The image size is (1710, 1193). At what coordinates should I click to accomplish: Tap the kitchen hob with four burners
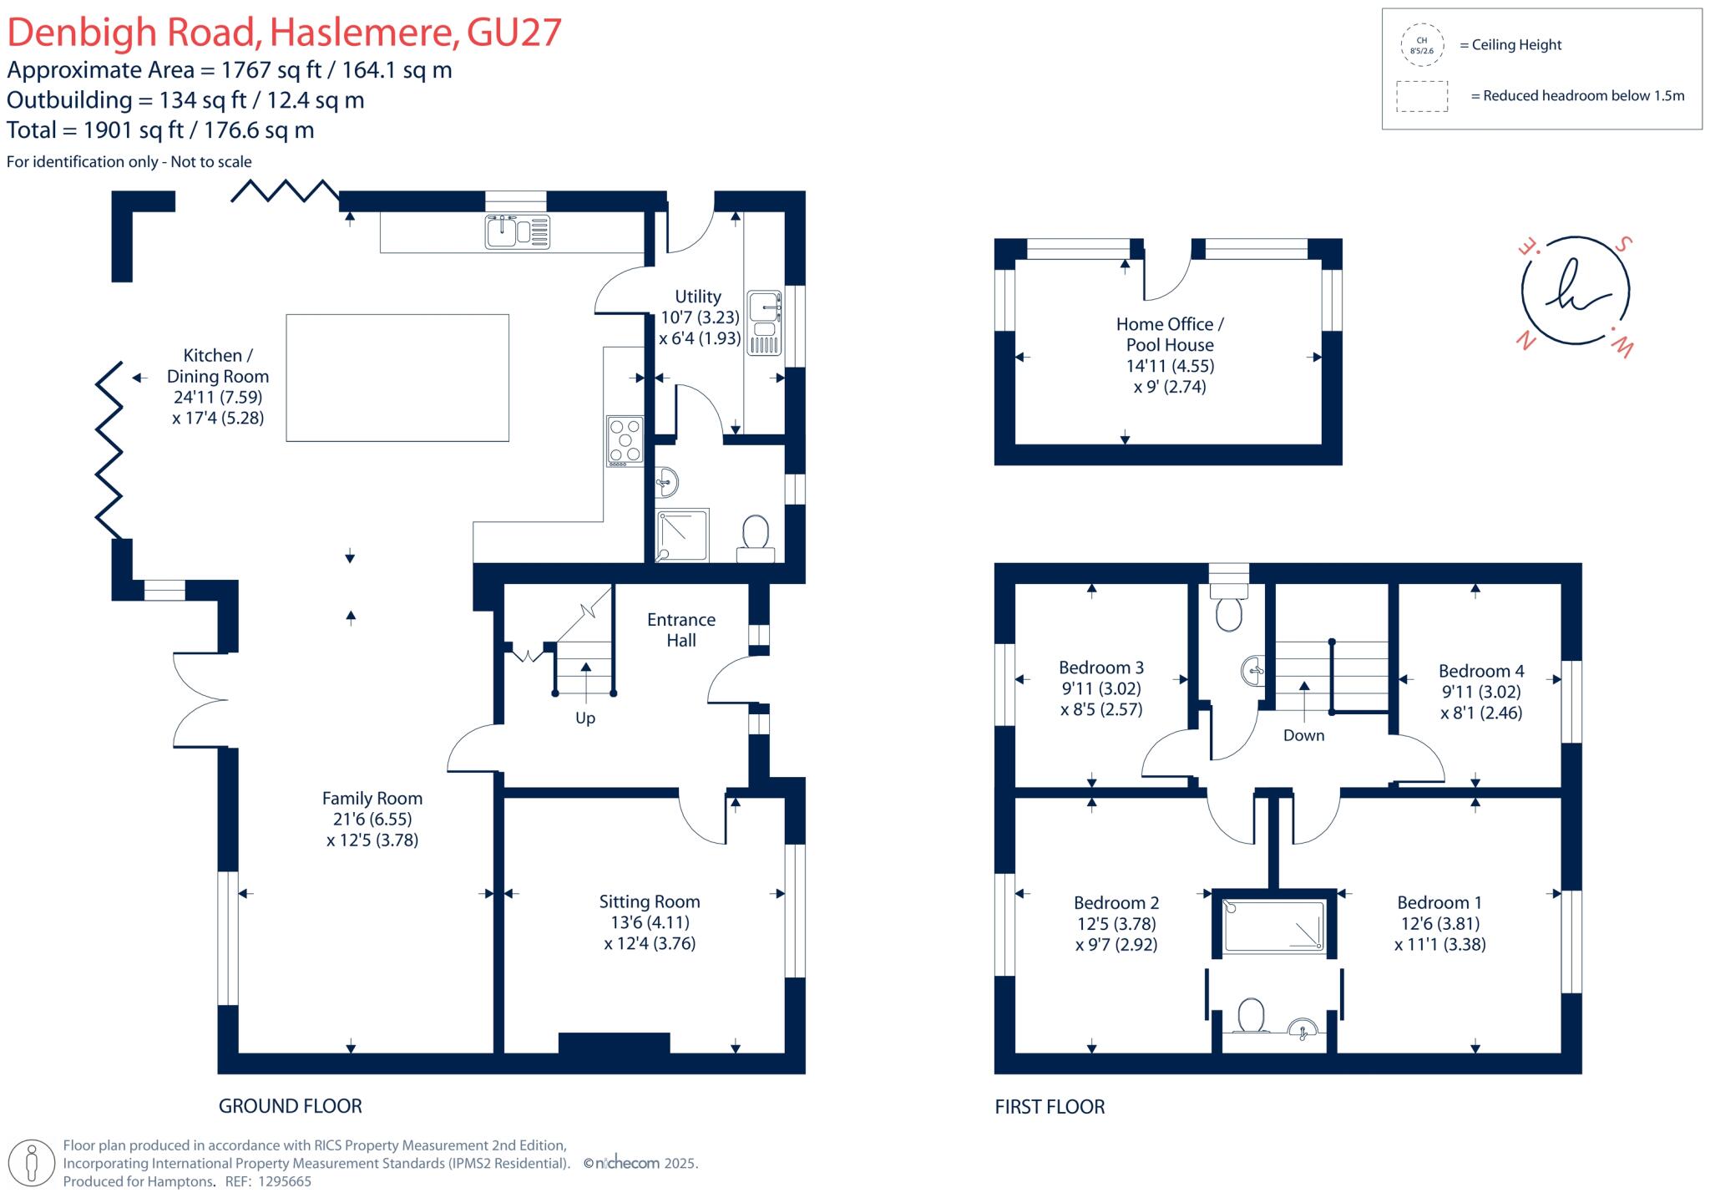tap(625, 440)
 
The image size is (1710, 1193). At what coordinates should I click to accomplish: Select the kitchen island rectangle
tap(397, 378)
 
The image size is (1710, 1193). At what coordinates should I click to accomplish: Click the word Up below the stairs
tap(584, 718)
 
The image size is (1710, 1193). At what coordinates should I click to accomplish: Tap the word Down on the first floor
tap(1303, 735)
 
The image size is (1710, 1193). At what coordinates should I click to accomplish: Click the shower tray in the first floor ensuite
tap(1273, 926)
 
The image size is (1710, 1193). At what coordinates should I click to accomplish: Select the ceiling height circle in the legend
tap(1421, 45)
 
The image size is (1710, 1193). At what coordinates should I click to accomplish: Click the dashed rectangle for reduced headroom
tap(1421, 96)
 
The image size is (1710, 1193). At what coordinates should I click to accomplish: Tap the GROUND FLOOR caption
tap(290, 1106)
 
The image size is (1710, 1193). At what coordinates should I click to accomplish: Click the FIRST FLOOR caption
tap(1050, 1107)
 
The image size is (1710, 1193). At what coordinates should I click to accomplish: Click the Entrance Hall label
tap(680, 630)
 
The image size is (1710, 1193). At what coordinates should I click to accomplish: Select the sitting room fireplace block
tap(614, 1043)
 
